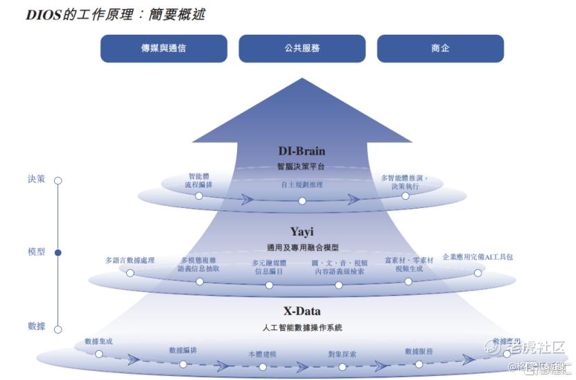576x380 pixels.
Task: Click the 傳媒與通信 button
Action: coord(164,49)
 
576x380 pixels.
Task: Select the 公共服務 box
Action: coord(302,49)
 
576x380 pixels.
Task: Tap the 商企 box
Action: coord(439,49)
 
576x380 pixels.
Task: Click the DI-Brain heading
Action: coord(302,151)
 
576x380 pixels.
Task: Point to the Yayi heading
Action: coord(302,232)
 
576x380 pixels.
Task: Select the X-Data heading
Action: coord(302,311)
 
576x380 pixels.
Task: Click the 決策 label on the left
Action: coord(36,179)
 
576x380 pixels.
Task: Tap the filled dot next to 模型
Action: coord(58,253)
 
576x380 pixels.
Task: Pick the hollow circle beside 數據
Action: coord(58,329)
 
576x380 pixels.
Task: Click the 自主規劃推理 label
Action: coord(302,185)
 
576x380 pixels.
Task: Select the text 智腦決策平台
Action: coord(302,166)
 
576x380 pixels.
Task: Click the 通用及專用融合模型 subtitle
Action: coord(302,247)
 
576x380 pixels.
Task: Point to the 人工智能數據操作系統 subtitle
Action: coord(302,327)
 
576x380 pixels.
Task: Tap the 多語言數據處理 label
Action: coord(130,261)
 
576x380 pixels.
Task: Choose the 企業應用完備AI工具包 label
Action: coord(478,257)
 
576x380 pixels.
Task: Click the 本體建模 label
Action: coord(262,354)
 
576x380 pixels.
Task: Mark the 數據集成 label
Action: coord(98,341)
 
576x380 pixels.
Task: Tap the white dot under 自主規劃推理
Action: coord(302,201)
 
